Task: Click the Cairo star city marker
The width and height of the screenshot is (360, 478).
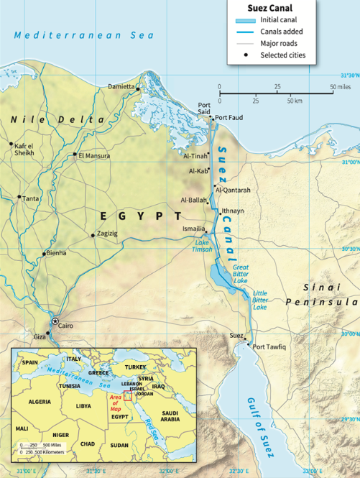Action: pos(55,321)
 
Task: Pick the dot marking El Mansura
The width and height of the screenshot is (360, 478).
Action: pos(75,155)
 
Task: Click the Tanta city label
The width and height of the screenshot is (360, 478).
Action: pos(31,198)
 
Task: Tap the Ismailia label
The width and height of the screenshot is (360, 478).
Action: pos(193,228)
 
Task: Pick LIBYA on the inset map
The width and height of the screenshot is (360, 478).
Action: pos(84,405)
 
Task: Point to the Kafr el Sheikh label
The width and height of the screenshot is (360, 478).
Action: pos(24,149)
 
